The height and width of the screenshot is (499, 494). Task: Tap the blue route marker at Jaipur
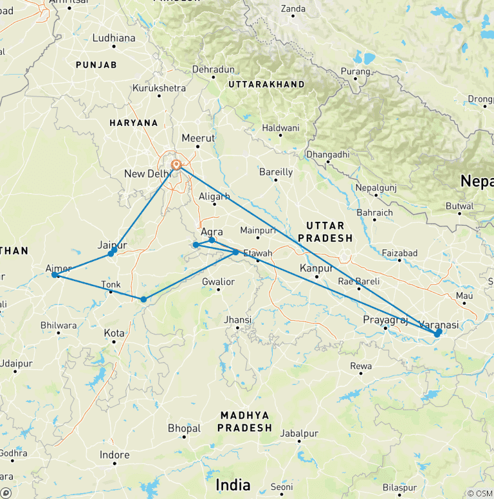tap(111, 253)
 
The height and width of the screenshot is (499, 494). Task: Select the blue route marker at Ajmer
tap(55, 275)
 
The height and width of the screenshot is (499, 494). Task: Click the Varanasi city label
tap(439, 325)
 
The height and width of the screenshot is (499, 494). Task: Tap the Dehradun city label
tap(214, 69)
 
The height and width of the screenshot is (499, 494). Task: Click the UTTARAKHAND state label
tap(266, 85)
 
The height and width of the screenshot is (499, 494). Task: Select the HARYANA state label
tap(134, 122)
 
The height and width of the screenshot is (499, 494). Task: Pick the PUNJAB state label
tap(96, 65)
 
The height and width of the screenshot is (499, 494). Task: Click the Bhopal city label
tap(184, 428)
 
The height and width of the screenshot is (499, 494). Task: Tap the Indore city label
tap(114, 455)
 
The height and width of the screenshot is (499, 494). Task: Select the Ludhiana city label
tap(114, 38)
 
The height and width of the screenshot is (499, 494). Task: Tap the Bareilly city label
tap(275, 172)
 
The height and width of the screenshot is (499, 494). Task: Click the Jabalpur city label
tap(299, 433)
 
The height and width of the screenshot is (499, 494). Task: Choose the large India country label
tap(233, 484)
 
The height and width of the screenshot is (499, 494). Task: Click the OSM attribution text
tap(480, 493)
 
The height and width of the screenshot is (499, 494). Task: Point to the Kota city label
tap(114, 333)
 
